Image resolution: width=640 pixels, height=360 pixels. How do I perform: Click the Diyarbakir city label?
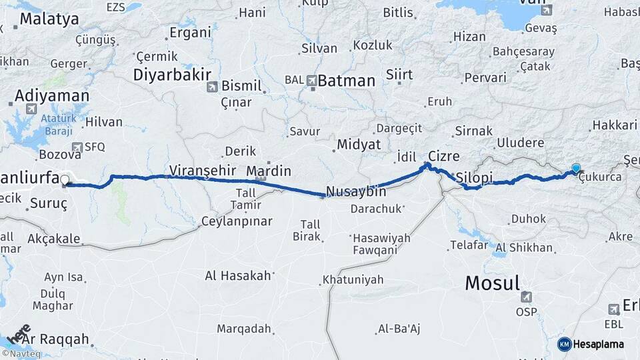[x=172, y=74]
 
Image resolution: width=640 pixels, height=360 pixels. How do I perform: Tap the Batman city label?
[x=347, y=81]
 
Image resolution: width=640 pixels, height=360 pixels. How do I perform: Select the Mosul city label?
[x=492, y=283]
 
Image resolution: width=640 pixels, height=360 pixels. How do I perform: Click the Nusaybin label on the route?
[x=357, y=191]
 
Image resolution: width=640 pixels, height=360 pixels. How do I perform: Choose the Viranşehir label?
[x=203, y=169]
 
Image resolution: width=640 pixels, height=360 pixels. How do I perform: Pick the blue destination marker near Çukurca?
[x=576, y=169]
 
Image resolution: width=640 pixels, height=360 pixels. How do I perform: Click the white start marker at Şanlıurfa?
[x=65, y=179]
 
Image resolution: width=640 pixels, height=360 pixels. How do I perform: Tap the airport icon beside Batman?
[x=311, y=81]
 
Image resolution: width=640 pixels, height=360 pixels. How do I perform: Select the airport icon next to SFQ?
[x=78, y=147]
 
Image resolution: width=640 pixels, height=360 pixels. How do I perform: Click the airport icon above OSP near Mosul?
[x=527, y=296]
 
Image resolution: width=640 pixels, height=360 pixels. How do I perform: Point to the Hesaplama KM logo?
[x=591, y=344]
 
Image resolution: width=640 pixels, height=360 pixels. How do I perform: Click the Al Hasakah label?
[x=238, y=275]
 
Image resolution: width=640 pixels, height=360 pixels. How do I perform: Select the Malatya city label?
[x=49, y=19]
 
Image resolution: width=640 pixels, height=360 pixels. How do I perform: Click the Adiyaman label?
[x=52, y=95]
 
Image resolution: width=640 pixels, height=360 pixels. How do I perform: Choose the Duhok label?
[x=528, y=219]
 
